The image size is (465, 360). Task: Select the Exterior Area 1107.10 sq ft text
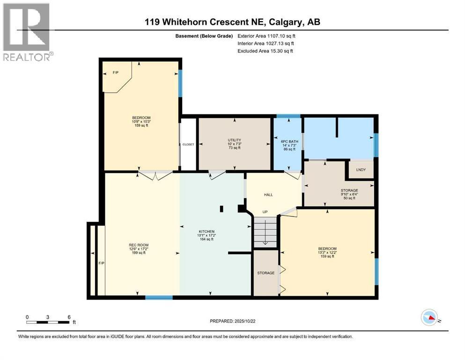[x=266, y=36]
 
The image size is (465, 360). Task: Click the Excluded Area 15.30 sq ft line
[x=265, y=51]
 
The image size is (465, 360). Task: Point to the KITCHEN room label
[x=207, y=232]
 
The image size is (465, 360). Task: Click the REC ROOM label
[x=139, y=245]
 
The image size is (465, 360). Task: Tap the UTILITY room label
[x=234, y=140]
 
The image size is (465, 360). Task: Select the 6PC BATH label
[x=289, y=142]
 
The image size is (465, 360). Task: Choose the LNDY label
[x=361, y=170]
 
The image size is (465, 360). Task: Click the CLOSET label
[x=188, y=144]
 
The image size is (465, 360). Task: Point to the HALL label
[x=268, y=195]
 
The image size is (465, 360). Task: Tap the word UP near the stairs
[x=265, y=212]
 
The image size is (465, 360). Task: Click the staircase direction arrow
[x=265, y=235]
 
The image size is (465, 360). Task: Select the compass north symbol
[x=429, y=317]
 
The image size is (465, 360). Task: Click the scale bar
[x=48, y=322]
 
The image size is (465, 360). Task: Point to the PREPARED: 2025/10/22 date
[x=232, y=321]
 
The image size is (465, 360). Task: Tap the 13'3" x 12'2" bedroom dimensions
[x=327, y=253]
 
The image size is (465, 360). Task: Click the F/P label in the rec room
[x=102, y=263]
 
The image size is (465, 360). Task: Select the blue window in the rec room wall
[x=159, y=297]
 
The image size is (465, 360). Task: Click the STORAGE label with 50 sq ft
[x=349, y=190]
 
